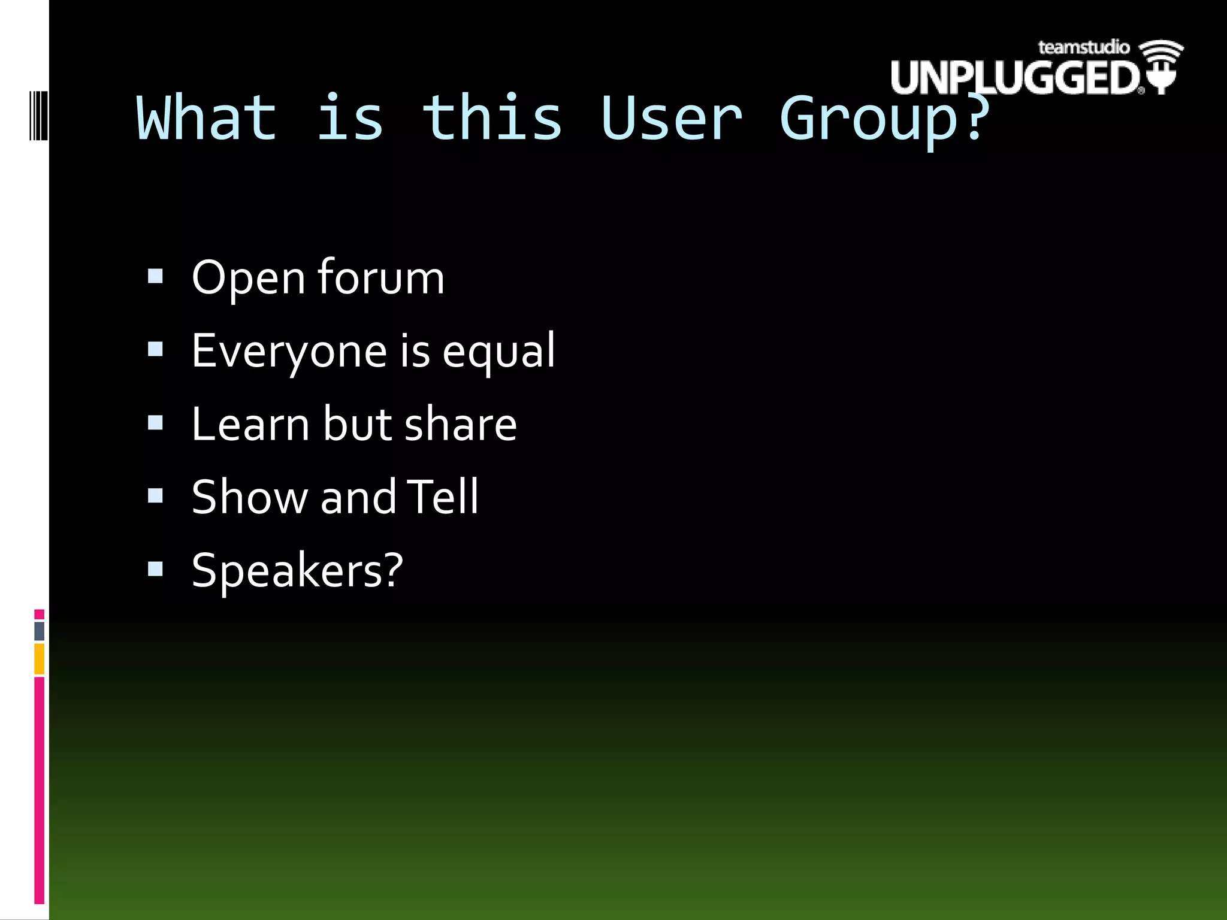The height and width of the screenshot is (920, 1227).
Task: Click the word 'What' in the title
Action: (207, 119)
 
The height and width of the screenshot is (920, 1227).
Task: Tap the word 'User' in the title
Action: (671, 119)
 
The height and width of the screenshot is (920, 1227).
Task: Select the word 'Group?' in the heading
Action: (884, 120)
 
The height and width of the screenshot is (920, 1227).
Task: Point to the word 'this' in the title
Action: (491, 119)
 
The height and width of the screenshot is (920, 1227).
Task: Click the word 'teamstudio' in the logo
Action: (1083, 47)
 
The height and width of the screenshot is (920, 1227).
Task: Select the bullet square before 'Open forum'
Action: (155, 276)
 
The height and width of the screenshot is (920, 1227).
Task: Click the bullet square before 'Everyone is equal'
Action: (155, 349)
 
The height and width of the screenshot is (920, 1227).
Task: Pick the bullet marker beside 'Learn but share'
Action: (155, 423)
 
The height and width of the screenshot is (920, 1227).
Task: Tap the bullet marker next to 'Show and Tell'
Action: (155, 496)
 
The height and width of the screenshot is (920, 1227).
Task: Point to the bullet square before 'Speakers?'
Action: (155, 569)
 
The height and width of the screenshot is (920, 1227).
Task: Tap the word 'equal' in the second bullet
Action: (498, 352)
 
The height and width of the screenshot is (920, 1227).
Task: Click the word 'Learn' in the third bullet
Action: (251, 424)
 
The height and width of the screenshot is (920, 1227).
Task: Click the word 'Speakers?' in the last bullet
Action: (297, 570)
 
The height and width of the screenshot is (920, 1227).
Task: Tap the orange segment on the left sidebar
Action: (39, 659)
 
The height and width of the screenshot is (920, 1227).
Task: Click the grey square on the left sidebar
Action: (39, 631)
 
